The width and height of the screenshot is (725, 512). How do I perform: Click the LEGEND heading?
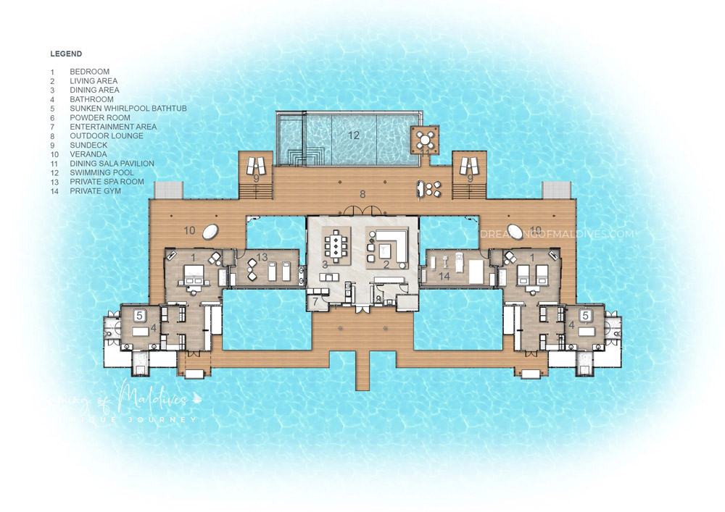pyautogui.click(x=66, y=54)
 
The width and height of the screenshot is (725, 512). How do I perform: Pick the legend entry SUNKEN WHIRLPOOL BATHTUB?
pyautogui.click(x=128, y=109)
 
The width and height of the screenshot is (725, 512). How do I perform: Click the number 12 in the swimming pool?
pyautogui.click(x=353, y=135)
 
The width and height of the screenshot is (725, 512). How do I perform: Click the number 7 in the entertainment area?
pyautogui.click(x=316, y=300)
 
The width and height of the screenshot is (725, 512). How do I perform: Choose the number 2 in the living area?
pyautogui.click(x=386, y=266)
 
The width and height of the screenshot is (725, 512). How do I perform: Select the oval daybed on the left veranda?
pyautogui.click(x=211, y=232)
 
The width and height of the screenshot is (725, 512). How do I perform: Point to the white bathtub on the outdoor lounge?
pyautogui.click(x=420, y=190)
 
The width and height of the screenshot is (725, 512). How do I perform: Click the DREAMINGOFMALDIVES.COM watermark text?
pyautogui.click(x=556, y=234)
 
